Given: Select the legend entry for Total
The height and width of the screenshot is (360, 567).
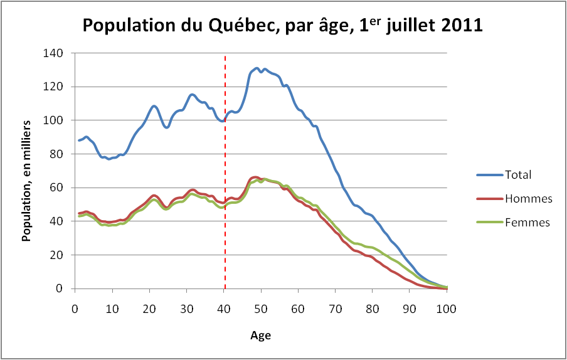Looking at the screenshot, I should (518, 174).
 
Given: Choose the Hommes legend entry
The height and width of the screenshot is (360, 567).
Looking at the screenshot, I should (527, 198).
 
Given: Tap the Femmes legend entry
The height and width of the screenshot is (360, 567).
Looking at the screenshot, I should (527, 222).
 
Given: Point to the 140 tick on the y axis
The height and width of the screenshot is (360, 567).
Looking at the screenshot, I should (54, 53).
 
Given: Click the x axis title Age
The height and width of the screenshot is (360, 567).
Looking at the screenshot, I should (261, 336).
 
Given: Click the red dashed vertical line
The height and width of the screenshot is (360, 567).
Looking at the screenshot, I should (225, 188).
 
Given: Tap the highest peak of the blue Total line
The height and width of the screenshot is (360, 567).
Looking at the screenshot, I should (257, 68).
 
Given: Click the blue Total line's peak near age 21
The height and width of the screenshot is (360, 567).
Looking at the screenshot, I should (154, 105).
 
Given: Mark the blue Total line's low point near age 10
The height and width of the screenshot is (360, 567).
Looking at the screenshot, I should (109, 159).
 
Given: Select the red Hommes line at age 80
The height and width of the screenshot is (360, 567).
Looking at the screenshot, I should (373, 257).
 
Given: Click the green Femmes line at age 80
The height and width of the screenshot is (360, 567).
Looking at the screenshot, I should (373, 248).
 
